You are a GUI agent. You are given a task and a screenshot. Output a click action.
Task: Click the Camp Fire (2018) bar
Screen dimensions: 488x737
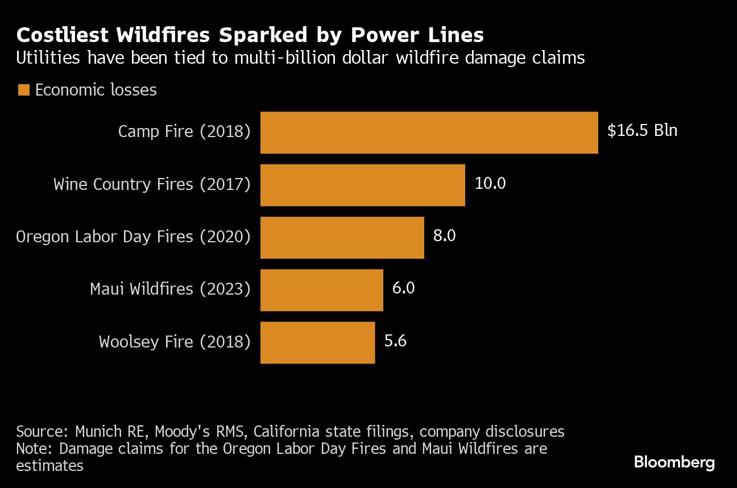tap(429, 133)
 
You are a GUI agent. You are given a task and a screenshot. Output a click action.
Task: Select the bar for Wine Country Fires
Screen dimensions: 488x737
tap(362, 185)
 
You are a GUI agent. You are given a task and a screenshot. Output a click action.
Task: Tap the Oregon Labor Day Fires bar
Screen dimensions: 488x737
tap(342, 237)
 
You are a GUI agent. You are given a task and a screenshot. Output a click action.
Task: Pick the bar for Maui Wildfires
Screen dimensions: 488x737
tap(321, 290)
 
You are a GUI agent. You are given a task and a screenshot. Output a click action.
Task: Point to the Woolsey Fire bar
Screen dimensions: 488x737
tap(317, 342)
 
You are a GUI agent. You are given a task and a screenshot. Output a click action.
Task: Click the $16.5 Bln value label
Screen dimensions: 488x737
tap(642, 131)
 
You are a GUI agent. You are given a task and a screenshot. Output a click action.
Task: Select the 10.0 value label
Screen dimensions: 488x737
tap(490, 183)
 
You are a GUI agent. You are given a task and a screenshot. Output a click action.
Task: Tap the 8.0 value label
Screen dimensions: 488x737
tap(444, 235)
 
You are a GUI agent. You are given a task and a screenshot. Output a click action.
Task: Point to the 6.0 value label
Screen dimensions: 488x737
tap(403, 288)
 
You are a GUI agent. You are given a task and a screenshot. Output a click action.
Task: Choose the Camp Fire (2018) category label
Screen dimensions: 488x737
tap(184, 131)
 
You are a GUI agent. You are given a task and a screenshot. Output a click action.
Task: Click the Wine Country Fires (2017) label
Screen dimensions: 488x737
tap(151, 184)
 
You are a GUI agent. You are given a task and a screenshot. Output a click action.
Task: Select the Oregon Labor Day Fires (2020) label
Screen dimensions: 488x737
tap(133, 237)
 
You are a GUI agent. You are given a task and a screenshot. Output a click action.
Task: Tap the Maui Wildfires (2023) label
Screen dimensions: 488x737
tap(169, 289)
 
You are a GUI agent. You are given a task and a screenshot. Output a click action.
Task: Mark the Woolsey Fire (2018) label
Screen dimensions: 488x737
tap(174, 341)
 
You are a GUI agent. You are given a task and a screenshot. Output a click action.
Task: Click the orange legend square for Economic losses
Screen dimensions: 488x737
tap(23, 90)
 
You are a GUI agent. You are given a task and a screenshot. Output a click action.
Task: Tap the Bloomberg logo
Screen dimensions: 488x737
tap(674, 462)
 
